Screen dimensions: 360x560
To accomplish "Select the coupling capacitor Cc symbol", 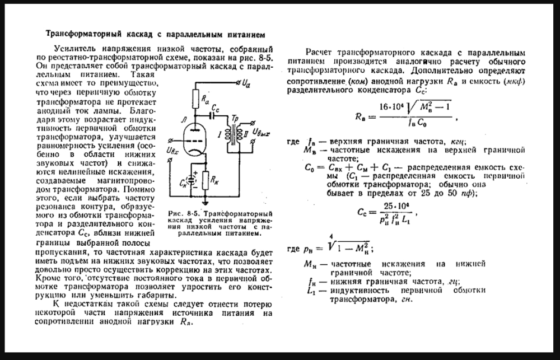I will click(x=213, y=116).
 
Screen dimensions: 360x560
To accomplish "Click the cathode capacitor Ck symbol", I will click(x=193, y=179).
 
